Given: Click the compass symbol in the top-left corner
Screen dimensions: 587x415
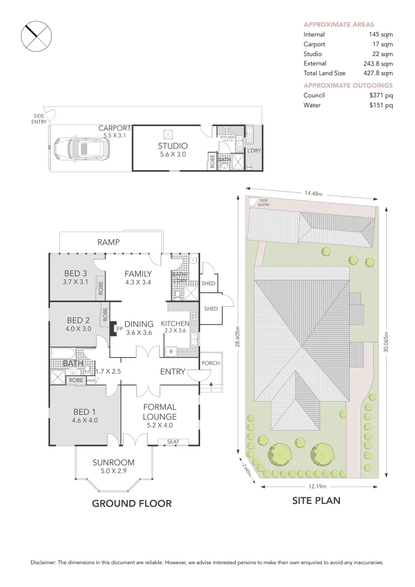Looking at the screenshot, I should (36, 37).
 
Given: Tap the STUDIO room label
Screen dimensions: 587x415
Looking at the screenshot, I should (172, 146).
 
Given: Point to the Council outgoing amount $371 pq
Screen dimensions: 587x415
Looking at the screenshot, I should (381, 95).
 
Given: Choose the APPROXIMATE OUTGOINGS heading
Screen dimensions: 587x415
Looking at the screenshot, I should (348, 85).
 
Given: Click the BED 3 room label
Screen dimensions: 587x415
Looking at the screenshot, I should (75, 273).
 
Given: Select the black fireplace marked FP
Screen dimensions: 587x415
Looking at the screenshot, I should (115, 329).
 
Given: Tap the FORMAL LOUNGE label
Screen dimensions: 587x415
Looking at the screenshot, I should (159, 411).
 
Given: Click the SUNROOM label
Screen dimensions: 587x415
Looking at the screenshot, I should (113, 463).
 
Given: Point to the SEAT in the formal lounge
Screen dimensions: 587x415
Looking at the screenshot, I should (173, 442).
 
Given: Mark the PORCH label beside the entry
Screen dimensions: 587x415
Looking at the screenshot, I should (210, 363).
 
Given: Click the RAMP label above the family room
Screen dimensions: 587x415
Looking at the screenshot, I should (108, 242).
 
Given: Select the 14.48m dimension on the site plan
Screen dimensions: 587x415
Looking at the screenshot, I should (313, 193).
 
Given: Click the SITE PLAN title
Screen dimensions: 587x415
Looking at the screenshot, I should (317, 501).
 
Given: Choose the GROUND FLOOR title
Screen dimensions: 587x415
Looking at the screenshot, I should (132, 503).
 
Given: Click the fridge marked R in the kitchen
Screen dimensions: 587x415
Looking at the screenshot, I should (171, 352).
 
